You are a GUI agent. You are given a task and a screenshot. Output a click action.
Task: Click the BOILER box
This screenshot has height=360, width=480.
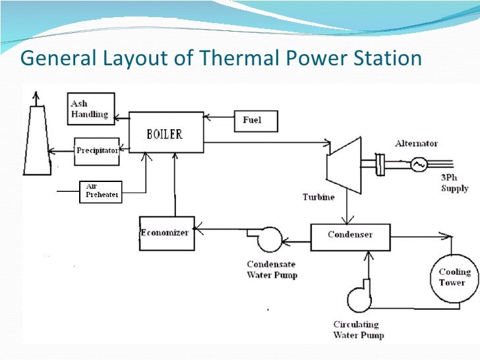pyautogui.click(x=165, y=134)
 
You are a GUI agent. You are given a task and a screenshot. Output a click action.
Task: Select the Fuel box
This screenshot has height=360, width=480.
pyautogui.click(x=256, y=121)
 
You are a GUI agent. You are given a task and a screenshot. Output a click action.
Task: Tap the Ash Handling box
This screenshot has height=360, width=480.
pyautogui.click(x=90, y=109)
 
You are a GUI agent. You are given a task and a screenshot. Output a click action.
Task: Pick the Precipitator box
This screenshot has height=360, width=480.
pyautogui.click(x=96, y=150)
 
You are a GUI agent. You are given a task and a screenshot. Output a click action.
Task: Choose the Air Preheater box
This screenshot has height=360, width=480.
pyautogui.click(x=100, y=191)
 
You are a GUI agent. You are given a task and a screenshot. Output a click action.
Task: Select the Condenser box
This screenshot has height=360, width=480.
pyautogui.click(x=350, y=236)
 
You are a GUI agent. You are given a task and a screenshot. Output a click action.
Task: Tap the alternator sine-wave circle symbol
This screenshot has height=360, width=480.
pyautogui.click(x=417, y=165)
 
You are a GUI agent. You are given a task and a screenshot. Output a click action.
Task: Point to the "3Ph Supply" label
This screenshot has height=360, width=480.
pyautogui.click(x=454, y=184)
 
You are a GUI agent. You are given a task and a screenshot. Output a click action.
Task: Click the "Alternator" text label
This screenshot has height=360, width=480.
pyautogui.click(x=416, y=143)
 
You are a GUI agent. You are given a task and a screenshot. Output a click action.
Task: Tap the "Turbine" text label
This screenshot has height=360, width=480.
pyautogui.click(x=319, y=197)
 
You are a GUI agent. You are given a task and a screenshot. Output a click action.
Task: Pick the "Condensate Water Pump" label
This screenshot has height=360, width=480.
pyautogui.click(x=272, y=270)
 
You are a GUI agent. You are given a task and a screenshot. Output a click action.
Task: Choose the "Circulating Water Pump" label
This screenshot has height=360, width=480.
pyautogui.click(x=359, y=330)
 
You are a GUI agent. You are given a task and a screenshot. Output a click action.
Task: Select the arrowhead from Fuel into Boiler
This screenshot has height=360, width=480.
pyautogui.click(x=206, y=118)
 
